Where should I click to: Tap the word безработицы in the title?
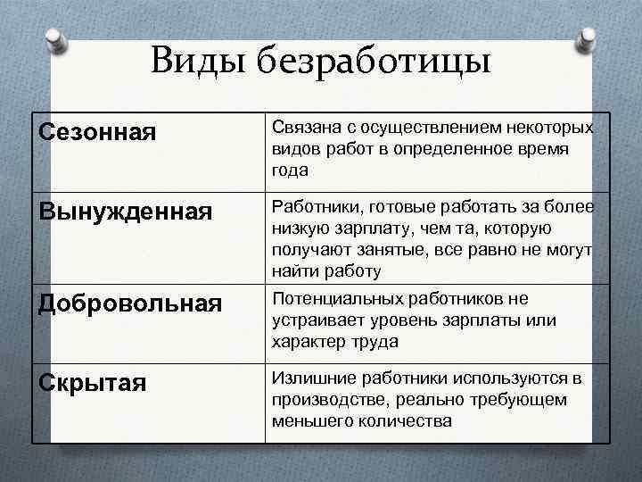click(x=373, y=62)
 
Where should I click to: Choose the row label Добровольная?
click(x=131, y=303)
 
